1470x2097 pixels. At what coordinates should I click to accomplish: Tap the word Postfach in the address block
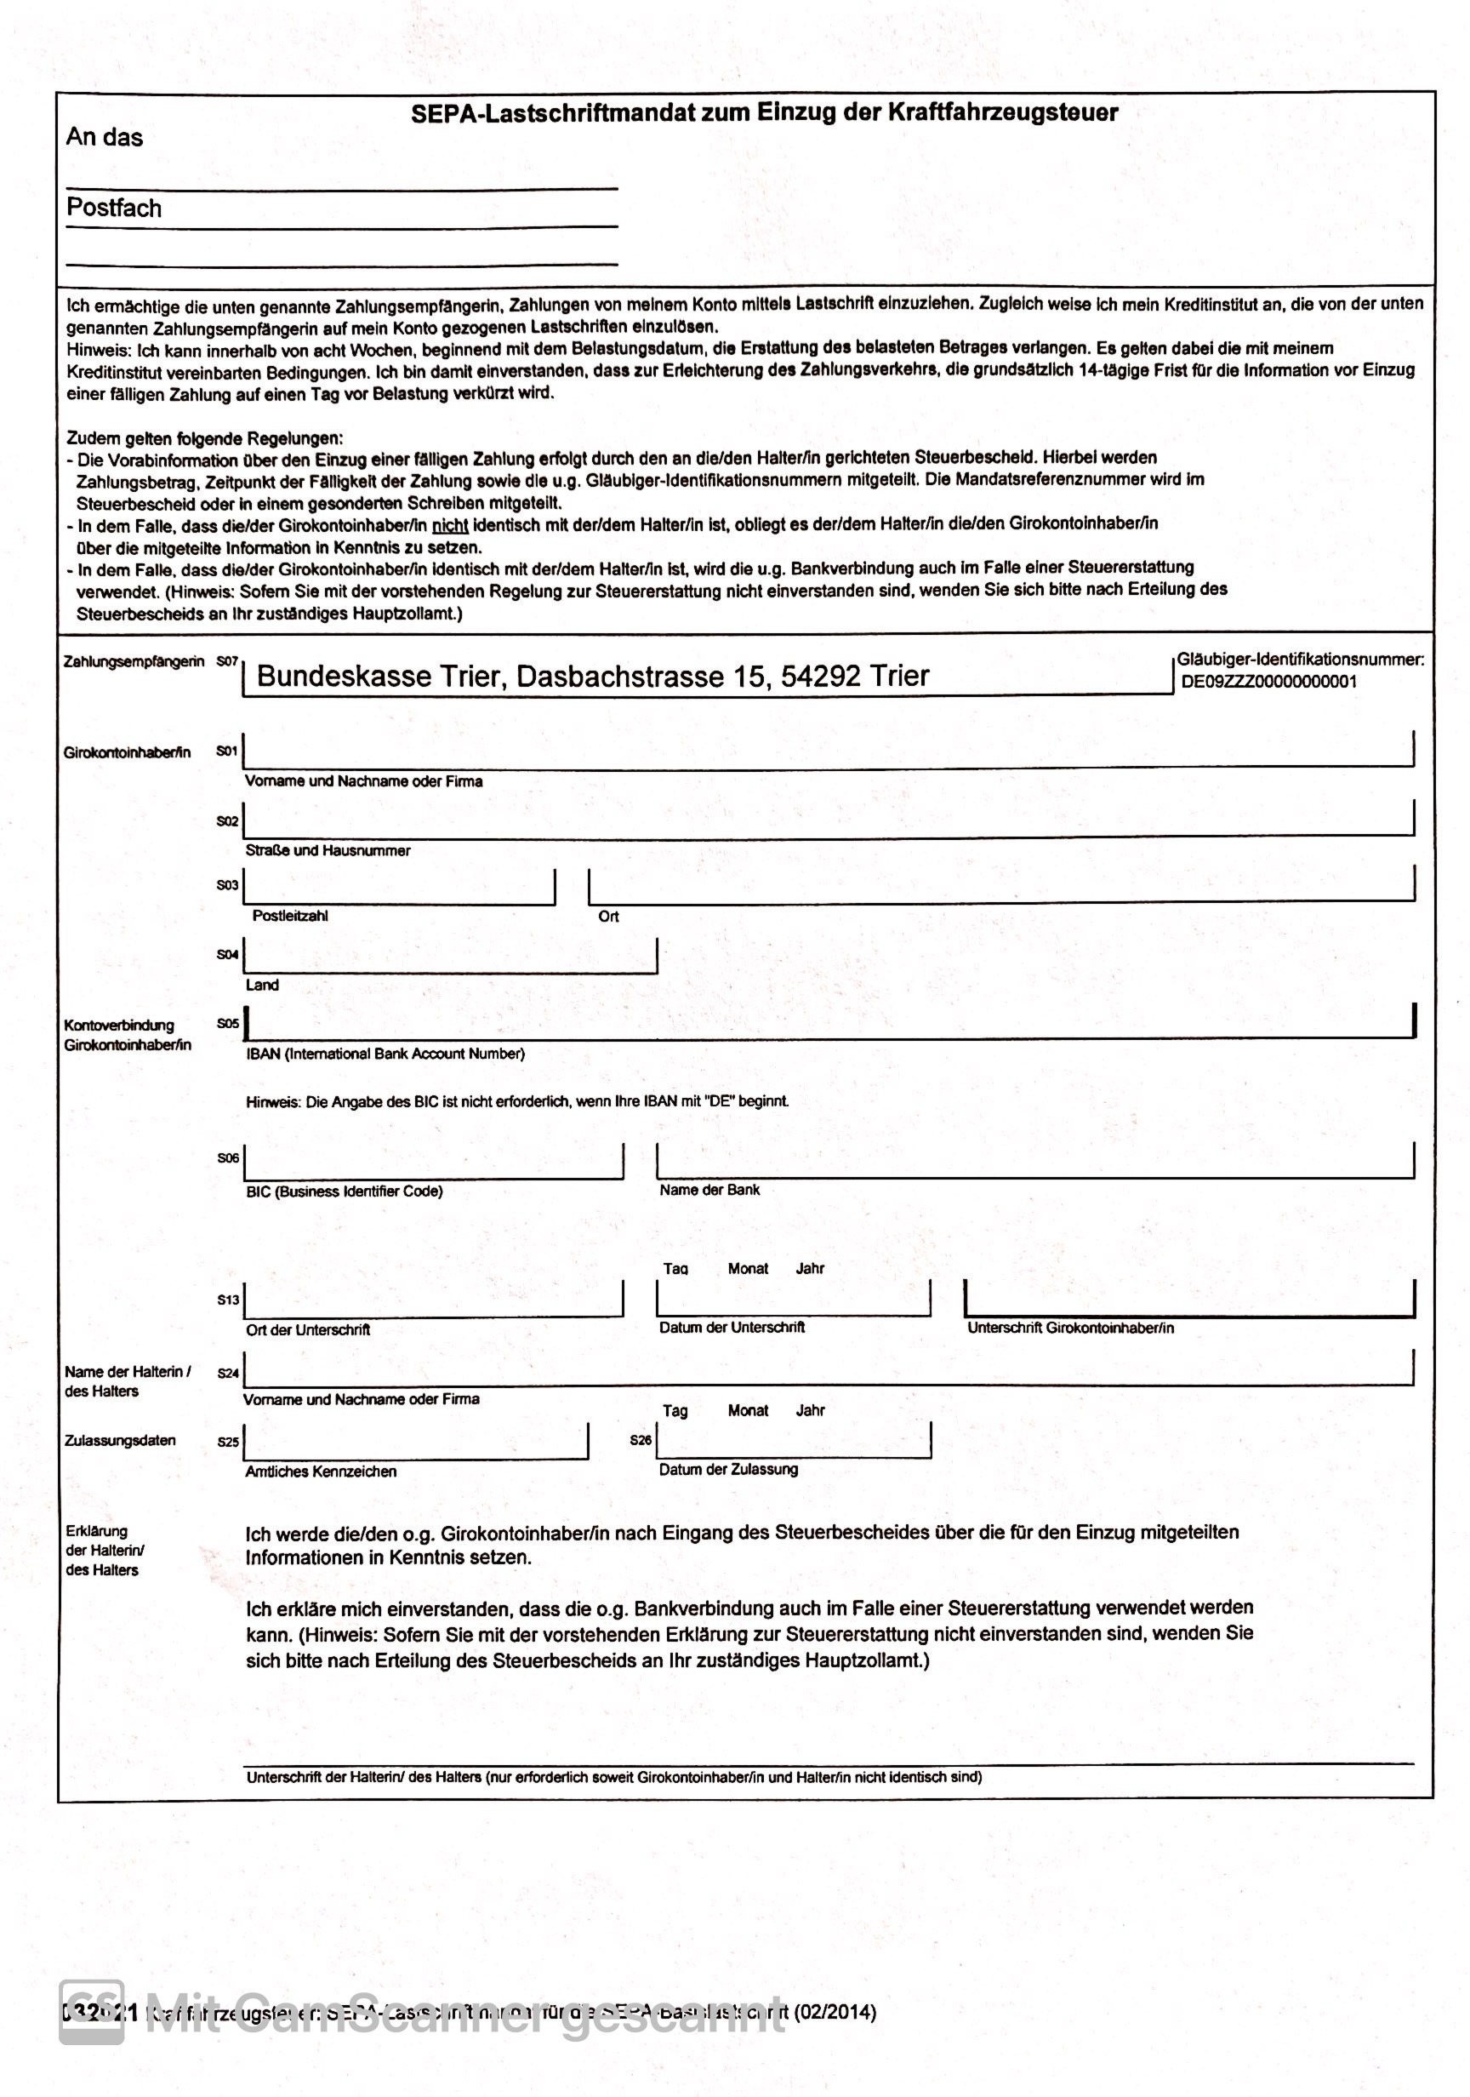pos(114,209)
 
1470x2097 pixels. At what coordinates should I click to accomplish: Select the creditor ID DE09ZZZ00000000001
pos(1268,682)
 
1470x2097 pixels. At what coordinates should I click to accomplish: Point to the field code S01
pos(226,751)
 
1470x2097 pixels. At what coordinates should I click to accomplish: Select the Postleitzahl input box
pos(399,887)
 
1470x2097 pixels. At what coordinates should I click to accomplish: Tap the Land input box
pos(450,957)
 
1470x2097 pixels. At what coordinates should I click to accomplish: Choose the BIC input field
pos(434,1161)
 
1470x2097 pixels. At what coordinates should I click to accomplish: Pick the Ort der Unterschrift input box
pos(434,1299)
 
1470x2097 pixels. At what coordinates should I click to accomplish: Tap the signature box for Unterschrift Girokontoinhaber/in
pos(1188,1299)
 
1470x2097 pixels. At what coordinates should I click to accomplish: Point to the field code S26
pos(641,1440)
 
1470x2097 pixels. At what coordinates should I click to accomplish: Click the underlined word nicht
pos(449,525)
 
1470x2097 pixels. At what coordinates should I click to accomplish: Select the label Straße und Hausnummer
pos(328,850)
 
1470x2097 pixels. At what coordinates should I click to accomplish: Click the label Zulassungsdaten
pos(120,1440)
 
